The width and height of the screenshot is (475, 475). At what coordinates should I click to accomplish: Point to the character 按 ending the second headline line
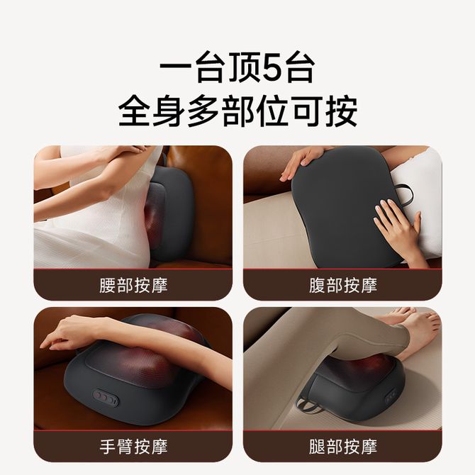point(342,111)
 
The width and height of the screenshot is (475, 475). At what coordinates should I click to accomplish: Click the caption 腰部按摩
point(133,286)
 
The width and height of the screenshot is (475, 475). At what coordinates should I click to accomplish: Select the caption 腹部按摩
point(343,286)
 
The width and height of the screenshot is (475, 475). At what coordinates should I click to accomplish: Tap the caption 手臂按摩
point(133,447)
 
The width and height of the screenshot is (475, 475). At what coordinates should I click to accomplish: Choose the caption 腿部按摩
point(343,447)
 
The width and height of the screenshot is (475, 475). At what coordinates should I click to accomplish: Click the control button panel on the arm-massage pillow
point(105,397)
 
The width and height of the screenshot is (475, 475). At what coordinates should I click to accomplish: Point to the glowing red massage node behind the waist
point(153,220)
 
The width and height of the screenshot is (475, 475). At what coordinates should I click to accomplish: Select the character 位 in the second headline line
point(272,111)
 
